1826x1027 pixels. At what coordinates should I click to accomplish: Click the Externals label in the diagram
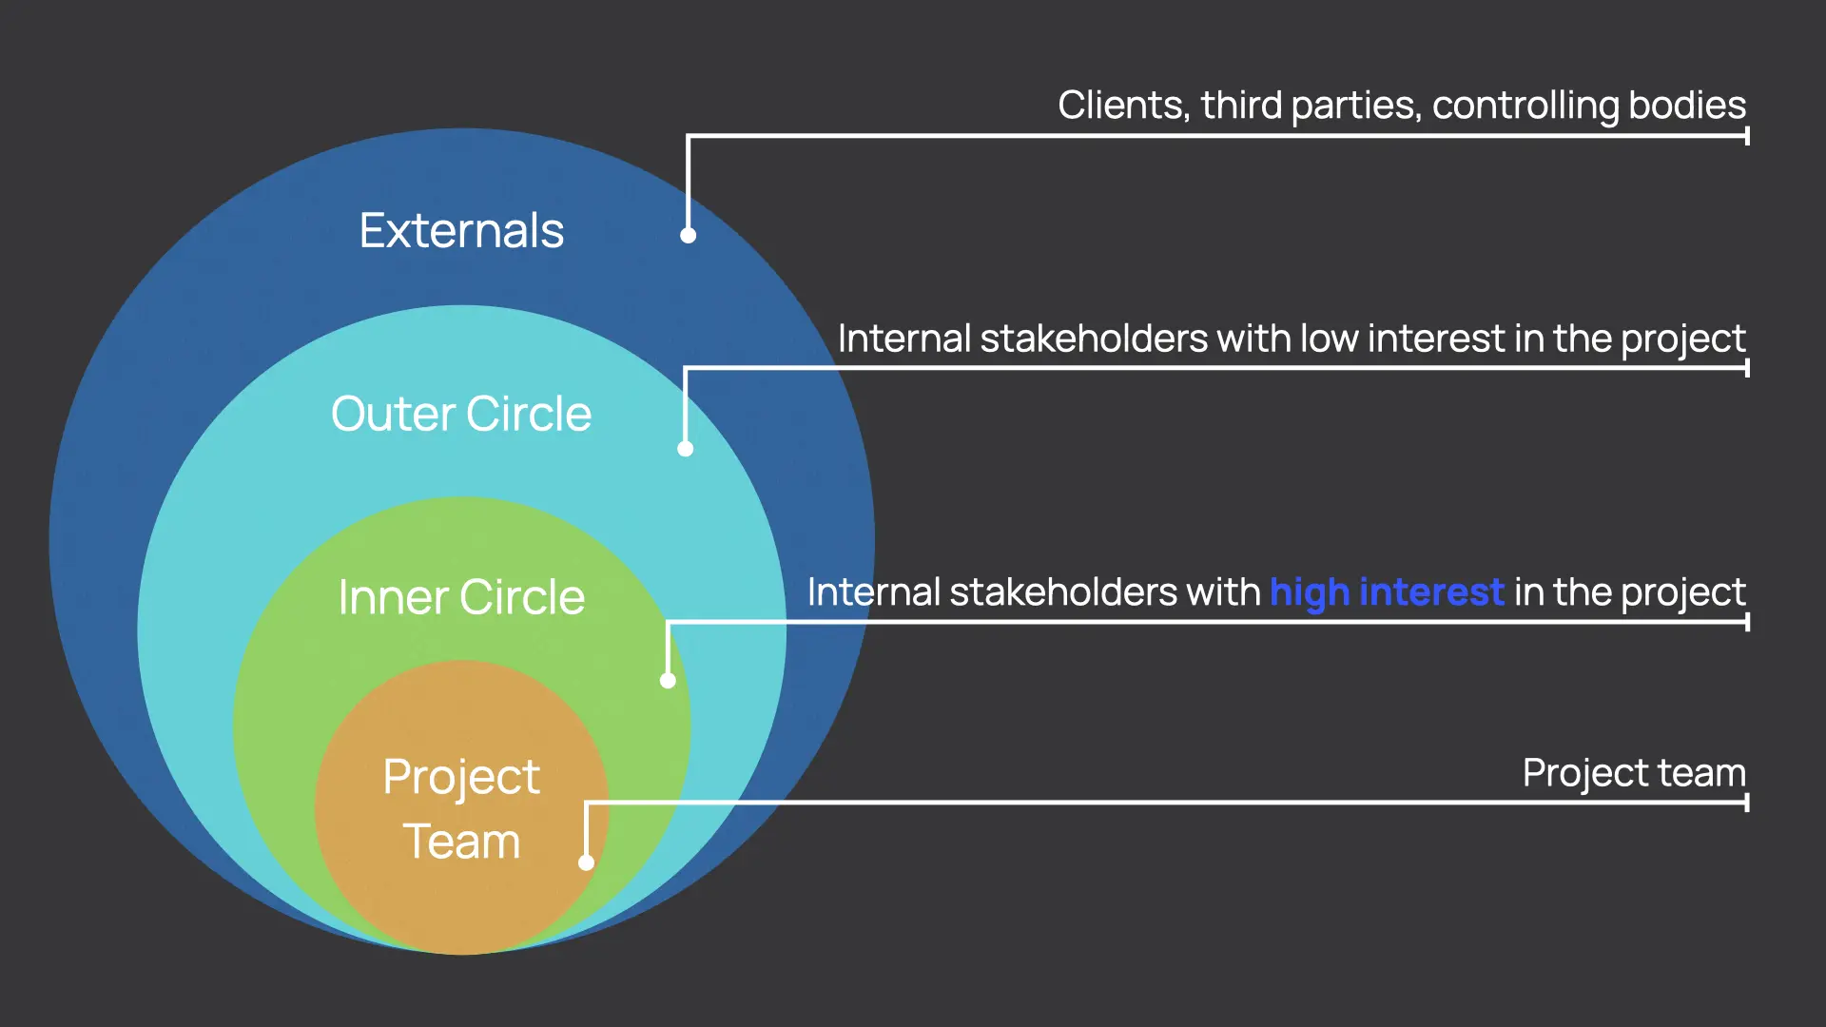(x=461, y=231)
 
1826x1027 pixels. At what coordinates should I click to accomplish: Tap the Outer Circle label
(x=461, y=415)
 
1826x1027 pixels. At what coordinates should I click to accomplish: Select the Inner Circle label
(x=461, y=597)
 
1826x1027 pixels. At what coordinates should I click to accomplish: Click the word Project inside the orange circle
(x=461, y=778)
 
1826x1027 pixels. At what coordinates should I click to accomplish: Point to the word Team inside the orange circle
(x=461, y=842)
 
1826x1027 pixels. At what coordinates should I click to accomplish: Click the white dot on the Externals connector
(x=689, y=235)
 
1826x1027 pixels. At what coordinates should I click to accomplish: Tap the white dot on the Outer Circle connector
(x=686, y=449)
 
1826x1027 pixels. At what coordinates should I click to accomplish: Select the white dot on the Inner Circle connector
(x=668, y=681)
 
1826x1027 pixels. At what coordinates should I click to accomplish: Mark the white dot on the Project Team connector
(x=587, y=862)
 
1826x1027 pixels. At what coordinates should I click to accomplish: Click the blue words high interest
(x=1387, y=592)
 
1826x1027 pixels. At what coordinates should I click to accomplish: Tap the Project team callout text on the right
(x=1633, y=773)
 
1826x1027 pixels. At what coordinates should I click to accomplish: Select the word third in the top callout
(x=1241, y=106)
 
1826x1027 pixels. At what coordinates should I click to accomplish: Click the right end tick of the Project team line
(x=1747, y=803)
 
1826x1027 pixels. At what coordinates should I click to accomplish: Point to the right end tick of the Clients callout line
(x=1747, y=136)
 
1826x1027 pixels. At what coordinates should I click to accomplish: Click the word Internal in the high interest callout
(x=873, y=592)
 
